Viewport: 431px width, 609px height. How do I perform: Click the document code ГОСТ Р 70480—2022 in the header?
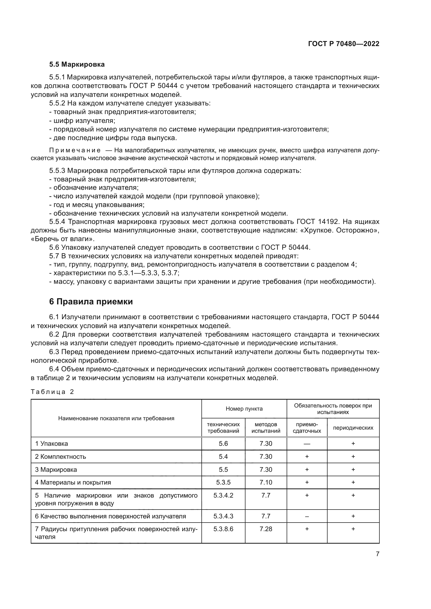pyautogui.click(x=344, y=44)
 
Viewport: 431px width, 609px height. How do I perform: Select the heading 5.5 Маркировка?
pyautogui.click(x=77, y=65)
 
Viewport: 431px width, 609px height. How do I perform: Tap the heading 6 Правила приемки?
pyautogui.click(x=91, y=302)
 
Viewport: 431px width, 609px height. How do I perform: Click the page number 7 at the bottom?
pyautogui.click(x=377, y=554)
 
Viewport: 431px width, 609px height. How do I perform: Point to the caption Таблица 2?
pyautogui.click(x=52, y=392)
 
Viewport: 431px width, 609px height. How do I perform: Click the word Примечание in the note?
pyautogui.click(x=75, y=150)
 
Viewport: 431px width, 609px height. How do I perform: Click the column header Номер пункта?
pyautogui.click(x=244, y=409)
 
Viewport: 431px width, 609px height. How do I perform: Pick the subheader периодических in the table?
pyautogui.click(x=353, y=428)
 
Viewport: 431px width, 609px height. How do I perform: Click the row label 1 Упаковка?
pyautogui.click(x=52, y=444)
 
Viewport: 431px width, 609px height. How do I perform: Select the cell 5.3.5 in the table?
pyautogui.click(x=223, y=482)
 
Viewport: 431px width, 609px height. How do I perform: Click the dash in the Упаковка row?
pyautogui.click(x=307, y=444)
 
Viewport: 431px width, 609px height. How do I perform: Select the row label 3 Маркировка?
pyautogui.click(x=56, y=470)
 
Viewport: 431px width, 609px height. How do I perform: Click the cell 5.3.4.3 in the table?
pyautogui.click(x=223, y=516)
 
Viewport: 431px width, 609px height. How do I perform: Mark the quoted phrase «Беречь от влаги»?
pyautogui.click(x=63, y=239)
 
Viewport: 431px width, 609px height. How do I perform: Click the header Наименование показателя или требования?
pyautogui.click(x=116, y=419)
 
